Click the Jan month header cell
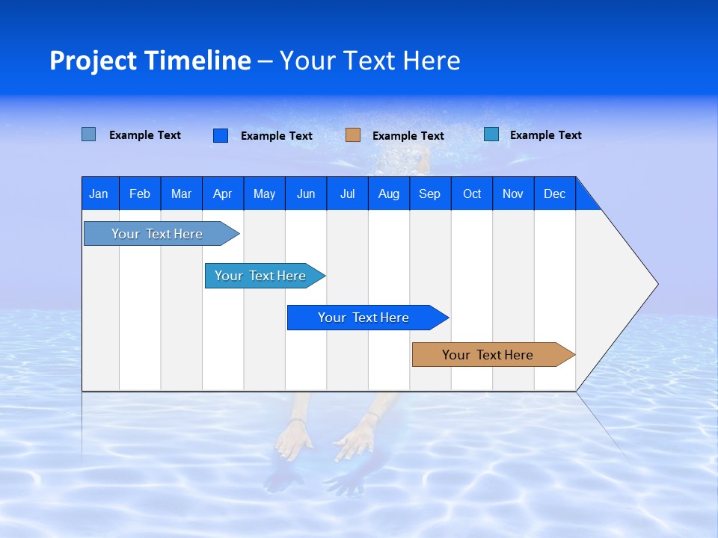click(99, 194)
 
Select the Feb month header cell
click(140, 194)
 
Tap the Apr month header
click(223, 194)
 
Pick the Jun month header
click(306, 194)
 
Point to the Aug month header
click(389, 194)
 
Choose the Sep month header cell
click(430, 194)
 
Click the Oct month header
click(472, 194)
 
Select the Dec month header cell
click(555, 194)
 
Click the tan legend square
click(353, 135)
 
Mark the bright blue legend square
click(221, 135)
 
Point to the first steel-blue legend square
click(89, 134)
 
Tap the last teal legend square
click(491, 134)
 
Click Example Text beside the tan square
click(408, 136)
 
